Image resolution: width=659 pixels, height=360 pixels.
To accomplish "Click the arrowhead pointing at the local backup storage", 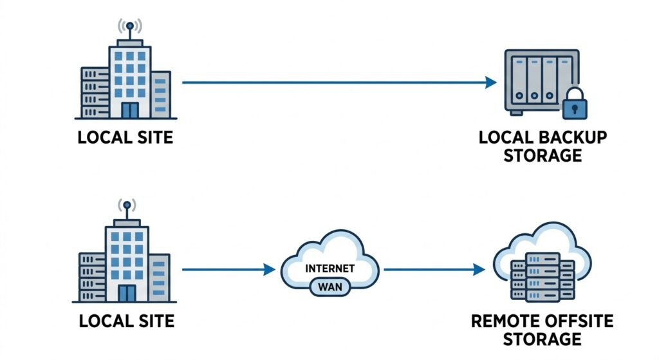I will click(x=491, y=82).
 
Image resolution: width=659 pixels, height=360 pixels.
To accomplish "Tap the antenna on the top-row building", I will click(x=129, y=28).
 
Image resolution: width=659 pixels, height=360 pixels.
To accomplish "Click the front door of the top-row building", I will click(x=130, y=109).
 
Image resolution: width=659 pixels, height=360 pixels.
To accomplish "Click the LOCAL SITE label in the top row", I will click(x=125, y=138).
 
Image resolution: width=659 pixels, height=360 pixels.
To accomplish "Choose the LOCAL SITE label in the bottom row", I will click(x=126, y=320).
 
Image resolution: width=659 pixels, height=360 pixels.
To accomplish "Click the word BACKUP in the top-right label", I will click(x=570, y=138).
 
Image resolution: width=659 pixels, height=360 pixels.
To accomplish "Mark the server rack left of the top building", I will click(x=95, y=92).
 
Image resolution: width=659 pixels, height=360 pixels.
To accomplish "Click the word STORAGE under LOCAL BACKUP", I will click(x=543, y=156).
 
